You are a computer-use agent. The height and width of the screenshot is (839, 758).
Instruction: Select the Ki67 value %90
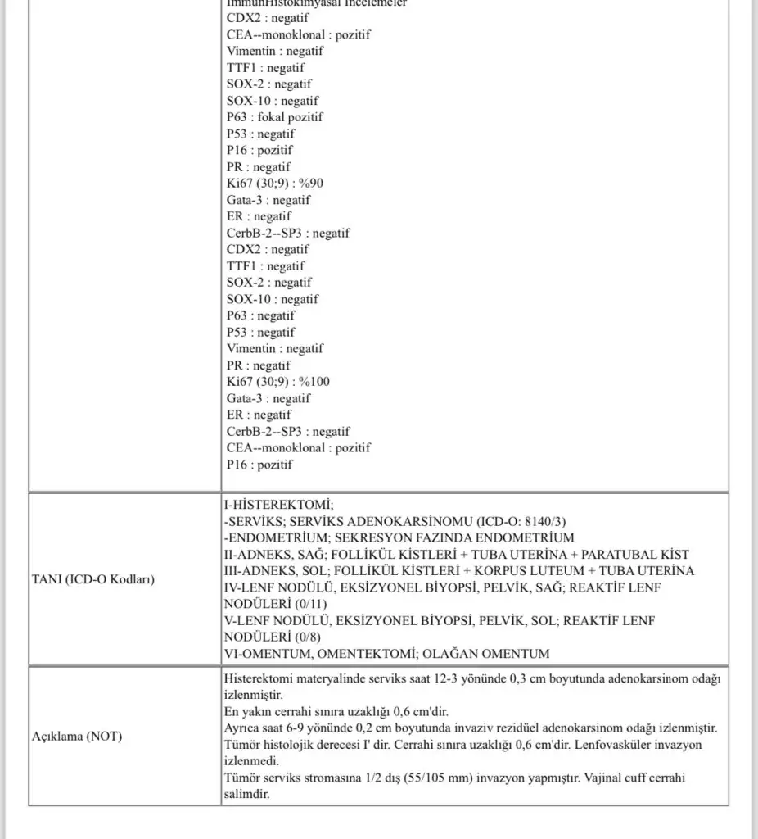coord(318,184)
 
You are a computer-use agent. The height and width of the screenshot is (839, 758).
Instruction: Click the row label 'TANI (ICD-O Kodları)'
coord(94,579)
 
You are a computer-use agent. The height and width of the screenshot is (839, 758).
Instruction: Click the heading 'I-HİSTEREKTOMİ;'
coord(278,505)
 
